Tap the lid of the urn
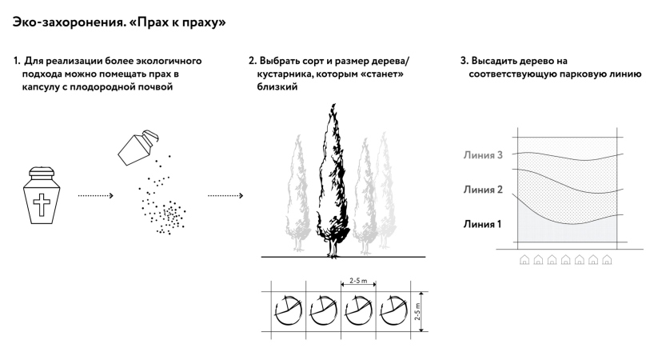coord(42,172)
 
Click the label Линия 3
coord(482,155)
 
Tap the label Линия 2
coord(482,190)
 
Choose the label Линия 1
coord(482,223)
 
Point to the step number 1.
coord(16,61)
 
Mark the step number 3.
coord(464,61)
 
